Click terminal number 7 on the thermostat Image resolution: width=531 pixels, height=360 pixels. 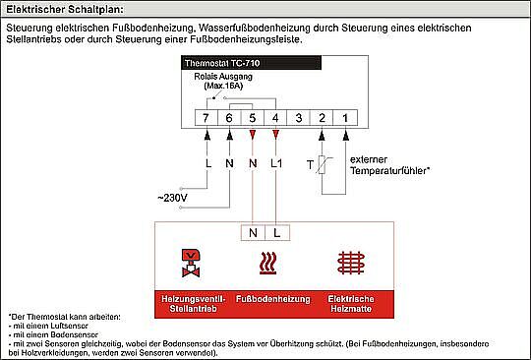[x=206, y=118]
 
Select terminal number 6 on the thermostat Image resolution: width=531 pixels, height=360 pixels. [x=229, y=118]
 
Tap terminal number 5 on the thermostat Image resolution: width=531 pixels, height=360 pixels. [x=253, y=118]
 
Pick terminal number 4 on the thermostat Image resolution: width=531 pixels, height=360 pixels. [x=275, y=118]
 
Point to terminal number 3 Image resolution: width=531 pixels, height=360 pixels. [x=298, y=118]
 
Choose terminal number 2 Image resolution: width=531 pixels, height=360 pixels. [x=322, y=118]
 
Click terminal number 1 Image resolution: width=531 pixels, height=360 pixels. [x=345, y=118]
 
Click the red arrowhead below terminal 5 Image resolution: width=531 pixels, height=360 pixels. [x=253, y=135]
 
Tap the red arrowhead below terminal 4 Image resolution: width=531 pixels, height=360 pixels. [x=275, y=135]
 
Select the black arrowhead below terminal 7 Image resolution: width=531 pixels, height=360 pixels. [x=207, y=136]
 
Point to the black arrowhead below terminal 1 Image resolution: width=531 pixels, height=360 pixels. [x=346, y=136]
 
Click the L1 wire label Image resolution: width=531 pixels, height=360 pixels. [x=276, y=163]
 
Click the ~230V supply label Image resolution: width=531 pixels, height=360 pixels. [x=172, y=198]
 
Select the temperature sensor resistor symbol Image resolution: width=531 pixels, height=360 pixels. [x=322, y=164]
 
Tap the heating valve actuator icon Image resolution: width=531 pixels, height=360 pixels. [x=191, y=264]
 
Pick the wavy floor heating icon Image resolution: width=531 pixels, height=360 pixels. [x=267, y=264]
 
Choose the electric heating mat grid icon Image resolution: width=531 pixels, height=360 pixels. [x=351, y=263]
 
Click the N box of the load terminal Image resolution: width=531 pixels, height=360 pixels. [x=253, y=233]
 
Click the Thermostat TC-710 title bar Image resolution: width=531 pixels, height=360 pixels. [x=252, y=63]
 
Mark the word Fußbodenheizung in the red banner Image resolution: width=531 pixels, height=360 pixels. [x=273, y=299]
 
